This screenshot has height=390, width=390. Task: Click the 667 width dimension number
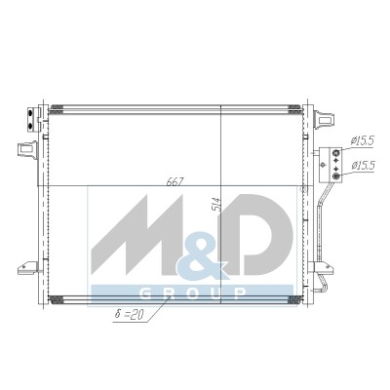(175, 181)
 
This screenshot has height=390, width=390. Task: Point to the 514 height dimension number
(215, 204)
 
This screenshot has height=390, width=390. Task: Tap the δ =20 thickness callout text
(129, 315)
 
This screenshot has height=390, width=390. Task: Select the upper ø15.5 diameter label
(363, 140)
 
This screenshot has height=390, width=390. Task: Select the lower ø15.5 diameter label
(363, 166)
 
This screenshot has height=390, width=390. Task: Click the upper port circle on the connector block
(336, 152)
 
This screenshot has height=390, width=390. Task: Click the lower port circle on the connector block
(336, 176)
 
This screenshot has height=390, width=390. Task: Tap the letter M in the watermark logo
(136, 237)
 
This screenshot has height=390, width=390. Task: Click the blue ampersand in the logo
(202, 256)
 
